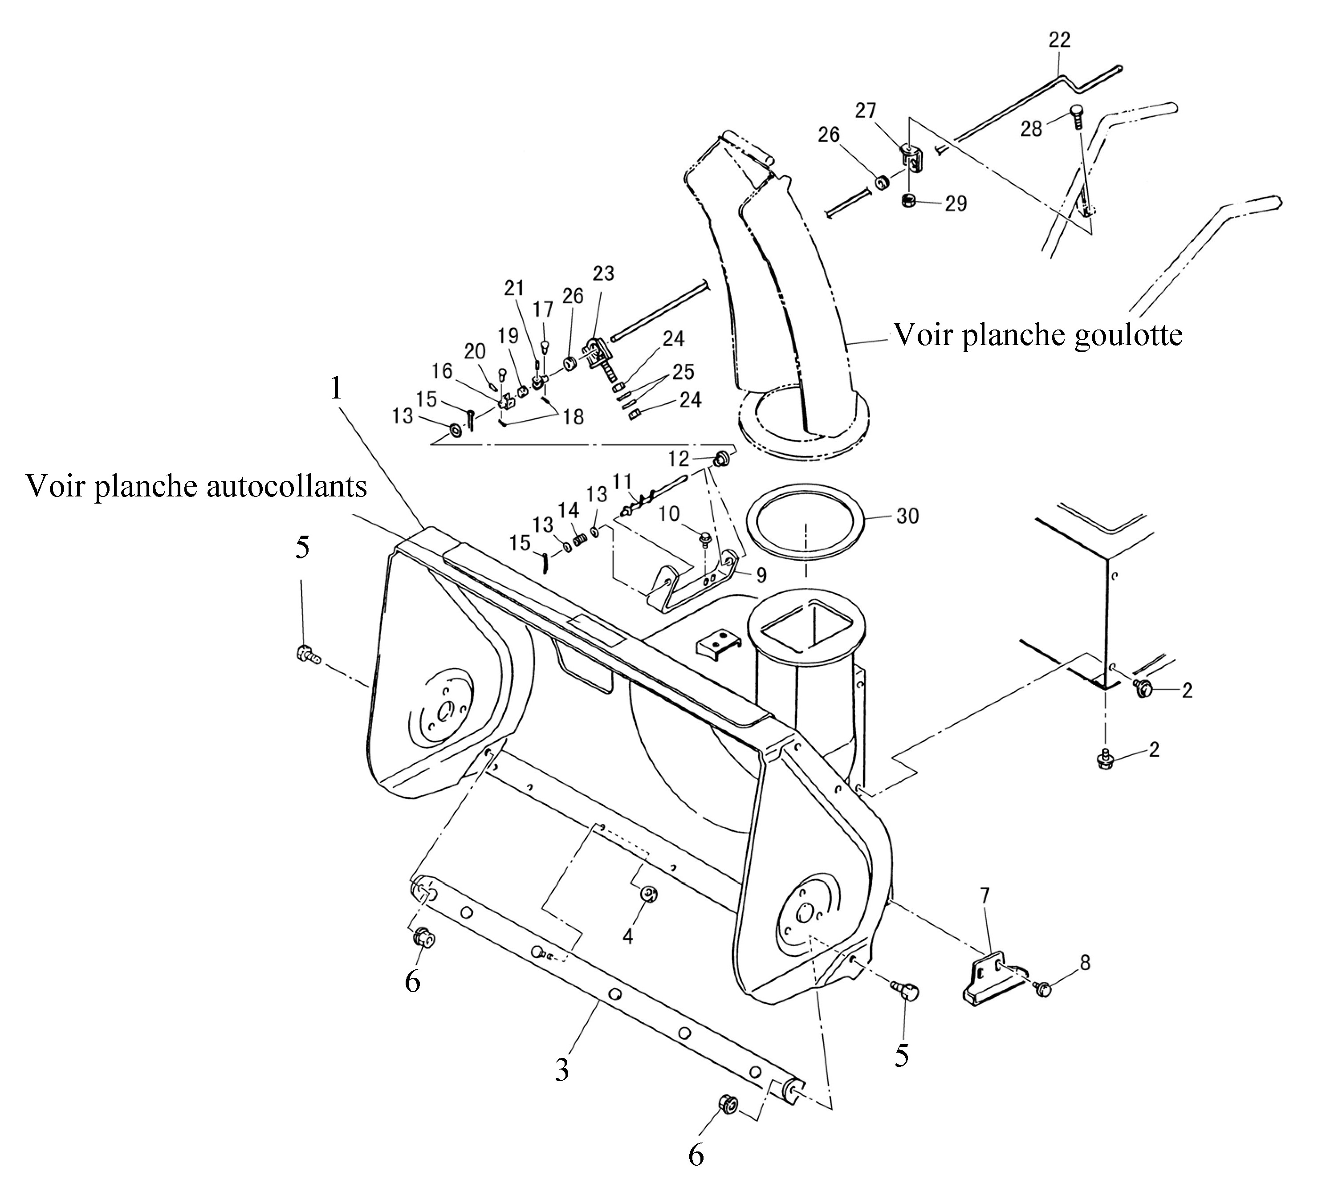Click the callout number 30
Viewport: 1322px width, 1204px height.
point(907,516)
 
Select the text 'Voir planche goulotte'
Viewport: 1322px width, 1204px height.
point(1038,335)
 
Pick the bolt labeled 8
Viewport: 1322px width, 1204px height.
point(1044,988)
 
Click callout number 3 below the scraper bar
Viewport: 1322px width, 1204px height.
point(561,1071)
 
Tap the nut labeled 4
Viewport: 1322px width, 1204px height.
point(649,893)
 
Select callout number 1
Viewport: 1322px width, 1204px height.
point(336,388)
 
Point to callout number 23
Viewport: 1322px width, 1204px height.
point(603,273)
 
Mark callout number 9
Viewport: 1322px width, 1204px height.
point(761,575)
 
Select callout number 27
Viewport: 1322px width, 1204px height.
point(866,110)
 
